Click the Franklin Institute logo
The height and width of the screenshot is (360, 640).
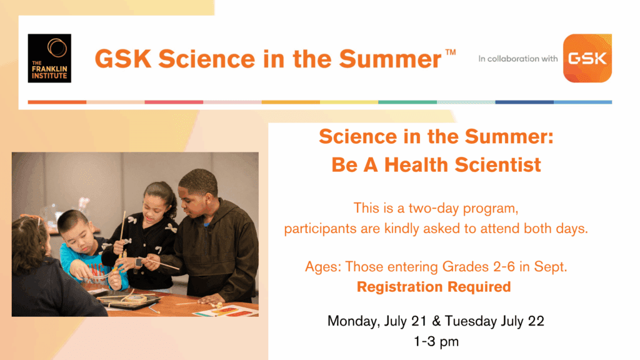click(x=49, y=58)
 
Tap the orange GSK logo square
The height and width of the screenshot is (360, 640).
click(x=587, y=58)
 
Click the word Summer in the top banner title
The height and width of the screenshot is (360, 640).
click(x=390, y=59)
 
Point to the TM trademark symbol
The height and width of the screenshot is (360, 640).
click(x=450, y=52)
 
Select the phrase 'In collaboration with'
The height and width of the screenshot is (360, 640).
click(x=518, y=59)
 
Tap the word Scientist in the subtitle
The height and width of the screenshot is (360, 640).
click(x=498, y=165)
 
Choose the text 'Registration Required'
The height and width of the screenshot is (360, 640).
click(x=434, y=287)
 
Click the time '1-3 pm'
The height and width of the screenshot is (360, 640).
click(x=436, y=341)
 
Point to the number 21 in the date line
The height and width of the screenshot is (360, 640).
click(x=419, y=321)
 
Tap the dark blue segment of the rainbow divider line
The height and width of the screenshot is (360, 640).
click(x=524, y=102)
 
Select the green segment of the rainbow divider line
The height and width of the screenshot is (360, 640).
click(x=407, y=102)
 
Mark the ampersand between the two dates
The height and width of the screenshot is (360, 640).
click(x=436, y=321)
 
